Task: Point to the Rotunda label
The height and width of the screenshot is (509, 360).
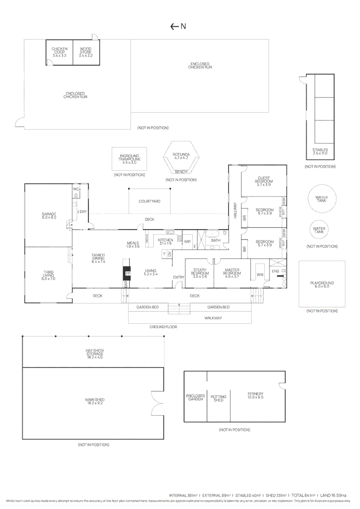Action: [x=181, y=156]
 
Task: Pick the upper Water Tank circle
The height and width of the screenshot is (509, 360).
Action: [x=322, y=199]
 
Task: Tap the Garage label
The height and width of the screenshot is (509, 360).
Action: [x=49, y=216]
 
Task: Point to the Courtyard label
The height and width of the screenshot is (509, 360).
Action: [x=149, y=201]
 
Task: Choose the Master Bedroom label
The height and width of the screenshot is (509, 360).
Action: [x=232, y=272]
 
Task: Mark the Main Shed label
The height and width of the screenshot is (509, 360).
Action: [x=95, y=401]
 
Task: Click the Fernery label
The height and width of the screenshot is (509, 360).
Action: [x=255, y=395]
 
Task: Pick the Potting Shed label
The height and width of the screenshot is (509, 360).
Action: [x=219, y=398]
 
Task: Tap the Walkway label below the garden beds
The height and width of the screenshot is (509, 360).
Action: [x=213, y=318]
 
